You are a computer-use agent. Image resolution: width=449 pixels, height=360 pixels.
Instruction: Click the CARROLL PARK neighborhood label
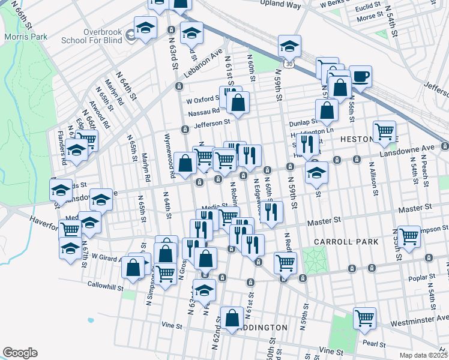click(346, 242)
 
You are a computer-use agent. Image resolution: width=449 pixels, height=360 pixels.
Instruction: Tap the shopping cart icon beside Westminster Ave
click(364, 317)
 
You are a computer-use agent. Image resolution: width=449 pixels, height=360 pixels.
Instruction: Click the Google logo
click(20, 352)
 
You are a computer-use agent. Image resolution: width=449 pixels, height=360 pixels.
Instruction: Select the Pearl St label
click(373, 344)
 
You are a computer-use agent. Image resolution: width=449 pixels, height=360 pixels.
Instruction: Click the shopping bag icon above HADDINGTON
click(232, 317)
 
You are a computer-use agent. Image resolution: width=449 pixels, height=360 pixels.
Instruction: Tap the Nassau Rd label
click(203, 111)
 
